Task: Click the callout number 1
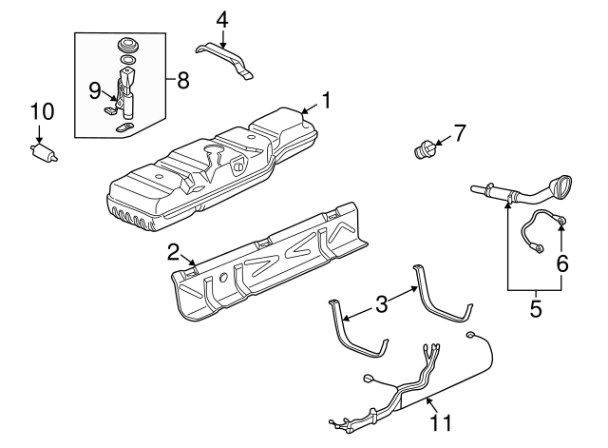[325, 99]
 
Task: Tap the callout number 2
[173, 252]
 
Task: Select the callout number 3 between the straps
[381, 304]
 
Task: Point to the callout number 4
[221, 18]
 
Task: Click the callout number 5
[534, 308]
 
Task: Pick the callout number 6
[562, 263]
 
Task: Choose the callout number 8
[182, 80]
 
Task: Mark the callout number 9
[95, 89]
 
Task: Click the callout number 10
[41, 112]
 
